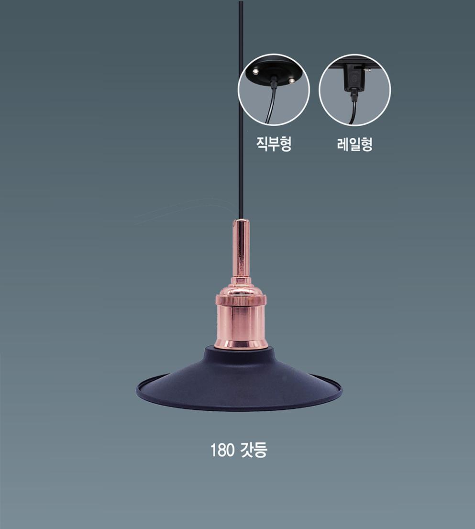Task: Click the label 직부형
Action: (x=274, y=143)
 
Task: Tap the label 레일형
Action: (x=354, y=144)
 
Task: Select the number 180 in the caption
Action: (x=222, y=450)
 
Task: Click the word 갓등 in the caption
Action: (x=253, y=450)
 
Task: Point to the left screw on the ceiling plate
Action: (x=255, y=71)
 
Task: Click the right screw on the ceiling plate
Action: (x=292, y=80)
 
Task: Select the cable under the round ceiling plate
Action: (x=271, y=105)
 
